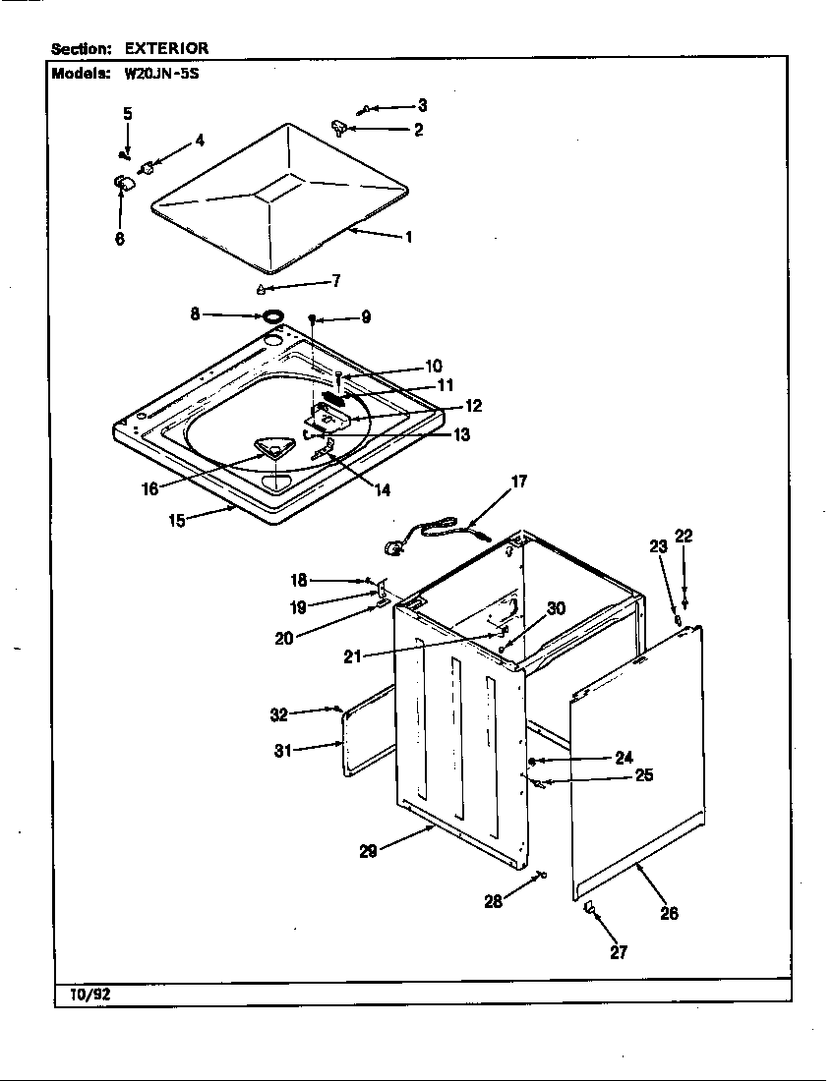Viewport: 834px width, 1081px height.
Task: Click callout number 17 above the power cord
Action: (518, 482)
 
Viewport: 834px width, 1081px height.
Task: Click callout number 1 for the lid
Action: (407, 237)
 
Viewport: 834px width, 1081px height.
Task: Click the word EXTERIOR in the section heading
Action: (166, 48)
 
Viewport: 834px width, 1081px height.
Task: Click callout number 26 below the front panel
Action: (669, 913)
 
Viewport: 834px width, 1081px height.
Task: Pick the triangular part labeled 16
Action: (272, 449)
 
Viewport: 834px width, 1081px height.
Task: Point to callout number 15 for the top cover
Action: (177, 521)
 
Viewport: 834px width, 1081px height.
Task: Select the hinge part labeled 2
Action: (340, 126)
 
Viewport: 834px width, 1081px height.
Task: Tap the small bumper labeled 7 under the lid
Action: (262, 289)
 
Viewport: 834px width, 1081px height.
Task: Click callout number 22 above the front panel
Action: (684, 536)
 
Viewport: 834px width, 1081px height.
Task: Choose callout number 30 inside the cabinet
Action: (556, 608)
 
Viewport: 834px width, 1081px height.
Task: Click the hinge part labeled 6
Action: (123, 183)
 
